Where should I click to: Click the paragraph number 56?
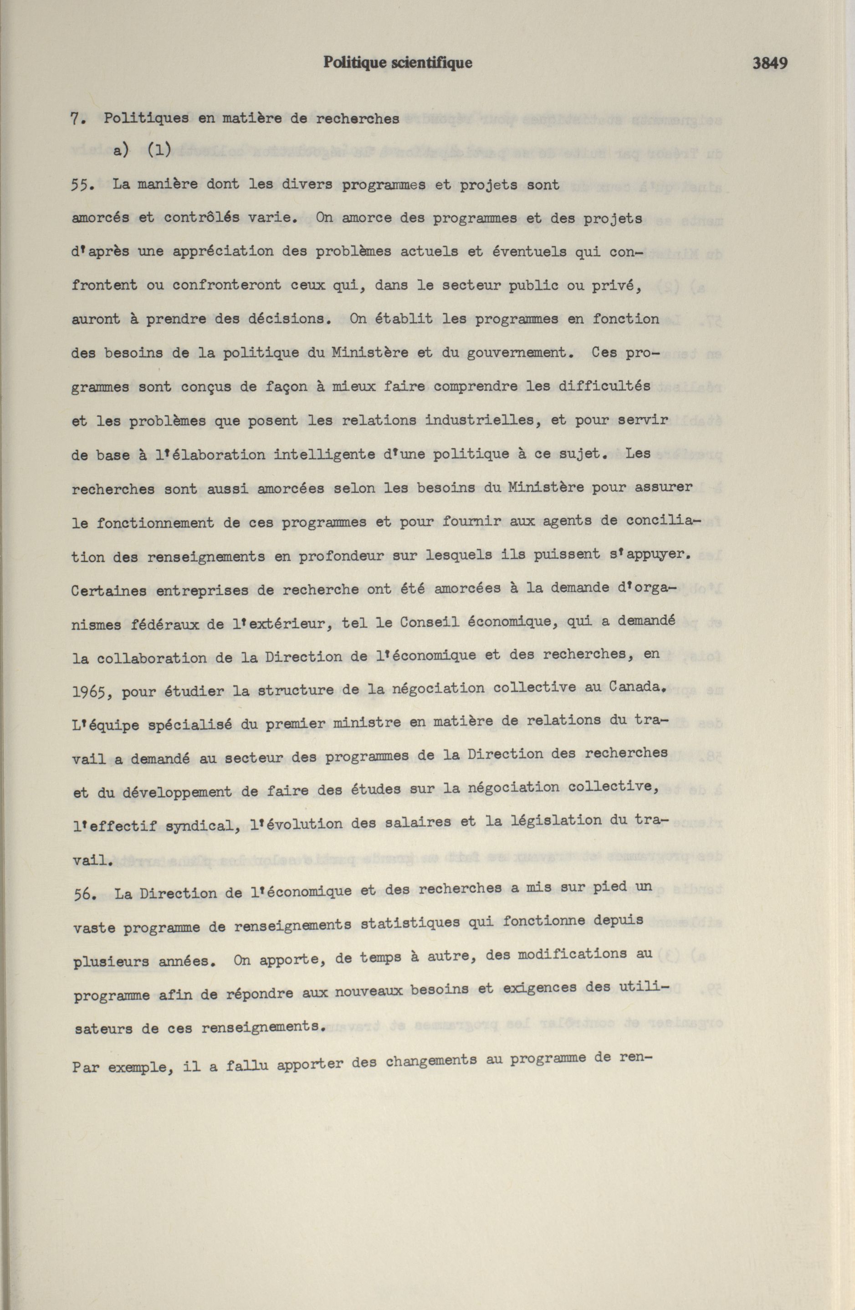(86, 893)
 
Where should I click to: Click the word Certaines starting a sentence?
(108, 592)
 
